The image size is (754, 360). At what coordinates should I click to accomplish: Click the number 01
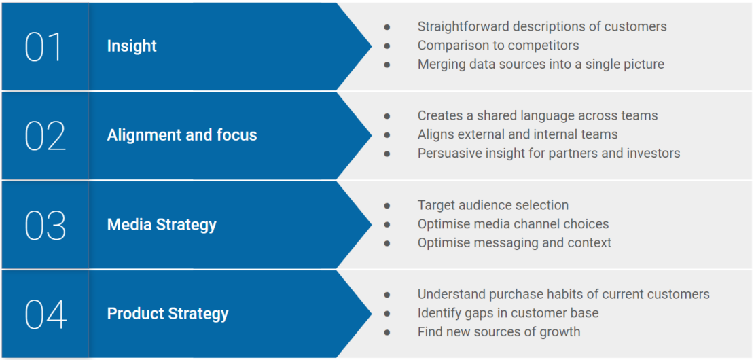[x=43, y=47]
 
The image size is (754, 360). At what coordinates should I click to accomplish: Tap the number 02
[x=45, y=136]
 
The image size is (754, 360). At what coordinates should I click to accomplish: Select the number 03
[x=45, y=226]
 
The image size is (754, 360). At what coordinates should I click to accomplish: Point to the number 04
[x=46, y=314]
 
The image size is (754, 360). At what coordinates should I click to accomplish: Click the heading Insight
[x=132, y=46]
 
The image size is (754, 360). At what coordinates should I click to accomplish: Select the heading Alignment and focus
[x=182, y=135]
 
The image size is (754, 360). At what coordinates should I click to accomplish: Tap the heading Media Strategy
[x=162, y=225]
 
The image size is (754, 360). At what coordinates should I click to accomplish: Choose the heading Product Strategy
[x=168, y=314]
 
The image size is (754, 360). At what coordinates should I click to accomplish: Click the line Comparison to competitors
[x=498, y=46]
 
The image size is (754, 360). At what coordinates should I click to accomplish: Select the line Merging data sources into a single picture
[x=541, y=65]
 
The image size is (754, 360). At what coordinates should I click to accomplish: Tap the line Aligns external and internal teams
[x=518, y=134]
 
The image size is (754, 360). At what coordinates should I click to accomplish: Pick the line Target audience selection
[x=493, y=205]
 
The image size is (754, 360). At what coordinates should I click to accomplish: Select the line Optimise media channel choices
[x=513, y=224]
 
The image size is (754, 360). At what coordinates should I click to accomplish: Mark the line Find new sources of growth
[x=499, y=332]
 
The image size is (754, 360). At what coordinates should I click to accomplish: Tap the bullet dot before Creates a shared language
[x=387, y=116]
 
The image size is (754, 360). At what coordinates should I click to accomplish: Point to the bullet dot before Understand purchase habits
[x=387, y=295]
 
